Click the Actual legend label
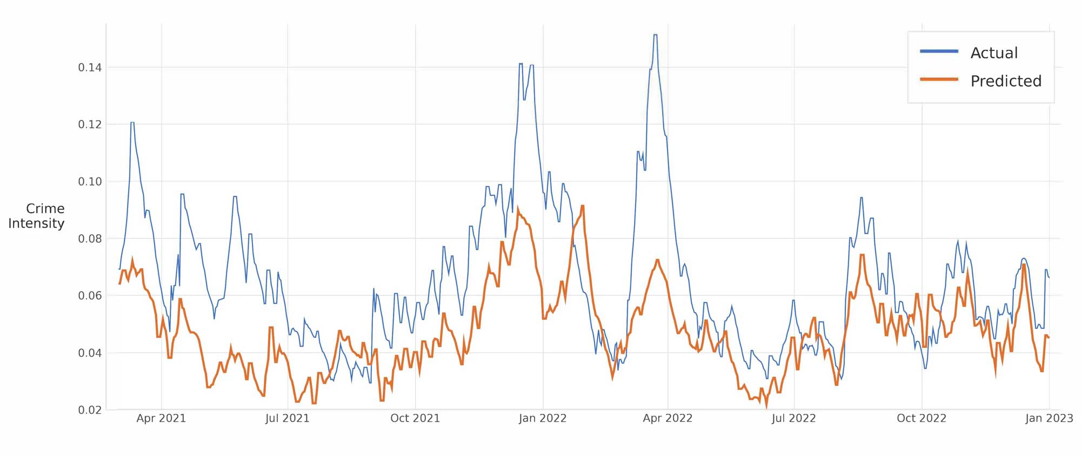coord(994,53)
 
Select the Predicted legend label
coord(1006,81)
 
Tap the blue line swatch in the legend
coord(939,51)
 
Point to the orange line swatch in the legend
coord(939,80)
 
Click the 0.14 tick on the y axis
coord(90,68)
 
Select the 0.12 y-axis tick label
coord(90,124)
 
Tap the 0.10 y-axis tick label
coord(90,182)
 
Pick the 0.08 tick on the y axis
coord(90,239)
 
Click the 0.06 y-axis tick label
coord(90,296)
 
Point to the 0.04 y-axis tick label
coord(90,353)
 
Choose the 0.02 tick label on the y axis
coord(90,410)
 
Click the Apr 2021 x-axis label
coord(161,418)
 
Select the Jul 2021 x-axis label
coord(287,418)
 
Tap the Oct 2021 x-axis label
coord(415,418)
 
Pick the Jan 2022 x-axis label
coord(543,418)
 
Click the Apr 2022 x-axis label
coord(668,418)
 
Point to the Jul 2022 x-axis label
coord(793,418)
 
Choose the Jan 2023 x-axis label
coord(1049,418)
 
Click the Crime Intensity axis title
coord(37,216)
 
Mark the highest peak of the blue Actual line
coord(655,35)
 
